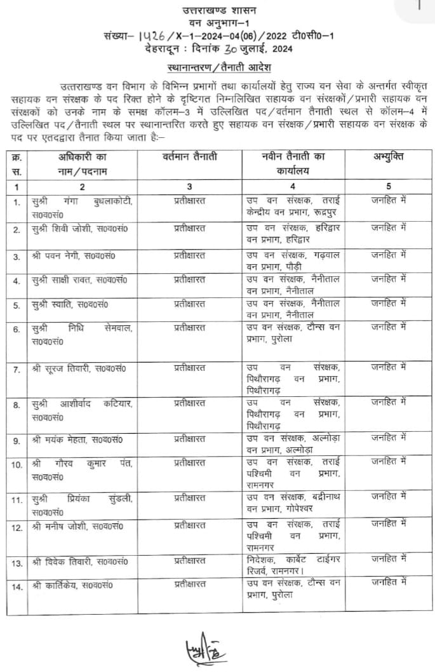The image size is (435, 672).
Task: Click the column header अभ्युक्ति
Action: (x=389, y=156)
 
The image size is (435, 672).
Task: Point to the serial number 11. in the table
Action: (x=17, y=500)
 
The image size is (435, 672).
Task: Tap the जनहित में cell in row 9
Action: (x=389, y=438)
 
